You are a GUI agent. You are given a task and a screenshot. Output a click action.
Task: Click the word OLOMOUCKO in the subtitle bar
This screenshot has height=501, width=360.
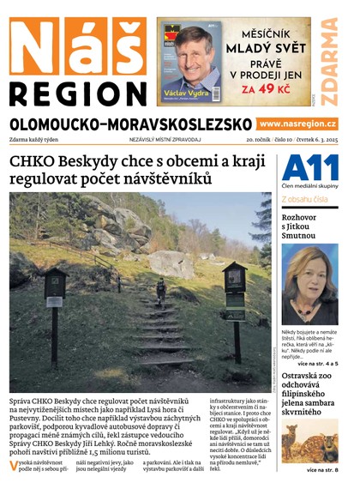pyautogui.click(x=59, y=124)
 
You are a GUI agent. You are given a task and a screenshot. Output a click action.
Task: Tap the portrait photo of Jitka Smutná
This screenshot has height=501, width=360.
pyautogui.click(x=310, y=284)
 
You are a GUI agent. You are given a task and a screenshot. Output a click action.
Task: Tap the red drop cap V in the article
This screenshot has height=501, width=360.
pyautogui.click(x=15, y=466)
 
